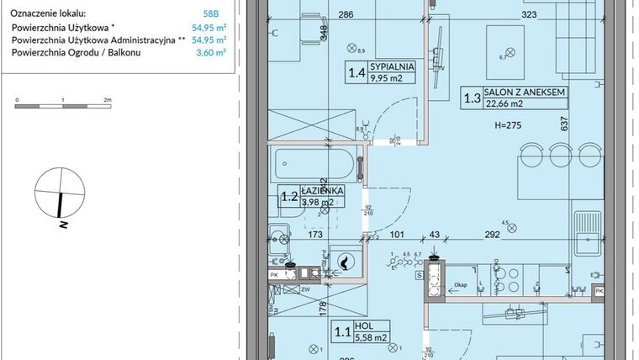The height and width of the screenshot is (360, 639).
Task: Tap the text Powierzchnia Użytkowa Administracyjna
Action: pyautogui.click(x=93, y=40)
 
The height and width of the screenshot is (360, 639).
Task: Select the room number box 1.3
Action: pyautogui.click(x=472, y=98)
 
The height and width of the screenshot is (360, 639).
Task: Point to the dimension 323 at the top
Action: pyautogui.click(x=529, y=15)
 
